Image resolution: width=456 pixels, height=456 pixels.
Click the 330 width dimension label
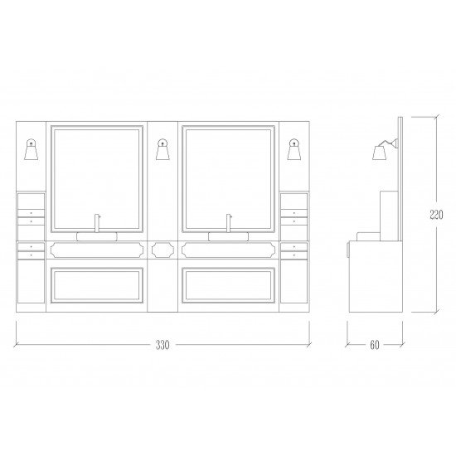tap(163, 345)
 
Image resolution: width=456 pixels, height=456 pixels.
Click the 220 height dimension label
tap(436, 215)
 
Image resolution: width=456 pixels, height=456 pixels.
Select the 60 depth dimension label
tap(375, 345)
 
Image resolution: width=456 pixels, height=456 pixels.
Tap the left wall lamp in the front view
tap(32, 149)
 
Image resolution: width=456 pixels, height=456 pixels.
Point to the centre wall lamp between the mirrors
tap(163, 149)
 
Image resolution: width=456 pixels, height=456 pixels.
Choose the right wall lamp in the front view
tap(294, 149)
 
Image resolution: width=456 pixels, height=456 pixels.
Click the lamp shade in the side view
tap(380, 153)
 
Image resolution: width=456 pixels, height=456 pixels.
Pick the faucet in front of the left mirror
tap(97, 223)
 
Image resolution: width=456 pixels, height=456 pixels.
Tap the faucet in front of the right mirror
tap(229, 223)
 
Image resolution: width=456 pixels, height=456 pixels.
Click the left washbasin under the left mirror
tap(97, 237)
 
